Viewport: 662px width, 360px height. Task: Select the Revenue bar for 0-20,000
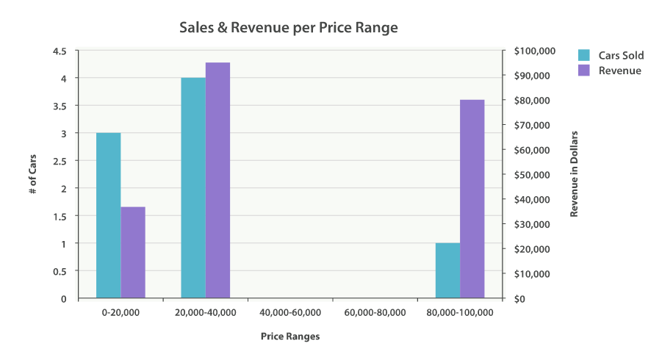tap(133, 252)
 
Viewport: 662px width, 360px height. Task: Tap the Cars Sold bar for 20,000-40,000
tap(193, 187)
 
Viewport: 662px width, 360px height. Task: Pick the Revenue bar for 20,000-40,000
tap(217, 180)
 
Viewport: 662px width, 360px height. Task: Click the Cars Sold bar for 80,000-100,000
tap(447, 270)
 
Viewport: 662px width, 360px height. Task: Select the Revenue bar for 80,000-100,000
tap(472, 198)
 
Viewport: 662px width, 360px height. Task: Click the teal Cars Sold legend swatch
tap(585, 55)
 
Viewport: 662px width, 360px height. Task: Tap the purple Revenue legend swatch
tap(585, 71)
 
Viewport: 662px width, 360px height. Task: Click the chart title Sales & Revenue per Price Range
tap(289, 28)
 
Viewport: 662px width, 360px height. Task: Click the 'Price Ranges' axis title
tap(290, 336)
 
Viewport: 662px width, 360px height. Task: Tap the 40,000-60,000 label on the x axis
tap(290, 312)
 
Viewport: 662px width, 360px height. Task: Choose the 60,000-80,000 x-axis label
tap(375, 312)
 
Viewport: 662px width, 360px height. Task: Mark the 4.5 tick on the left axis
tap(60, 51)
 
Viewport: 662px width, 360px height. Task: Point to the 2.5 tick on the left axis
tap(60, 161)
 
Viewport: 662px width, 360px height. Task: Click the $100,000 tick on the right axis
tap(534, 51)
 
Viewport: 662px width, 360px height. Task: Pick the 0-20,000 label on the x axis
tap(120, 312)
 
